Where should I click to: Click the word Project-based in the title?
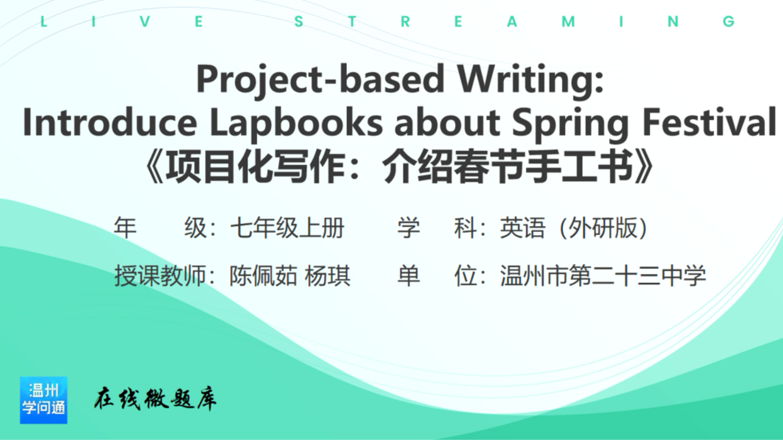click(x=320, y=80)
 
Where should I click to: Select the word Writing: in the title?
click(x=531, y=80)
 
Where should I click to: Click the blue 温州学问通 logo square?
click(x=44, y=400)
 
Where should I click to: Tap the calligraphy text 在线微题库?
click(x=155, y=399)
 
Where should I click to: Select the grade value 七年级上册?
click(x=287, y=228)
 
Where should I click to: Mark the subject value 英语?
click(x=523, y=228)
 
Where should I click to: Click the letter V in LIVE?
click(x=145, y=22)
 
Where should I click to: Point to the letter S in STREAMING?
click(x=299, y=22)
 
